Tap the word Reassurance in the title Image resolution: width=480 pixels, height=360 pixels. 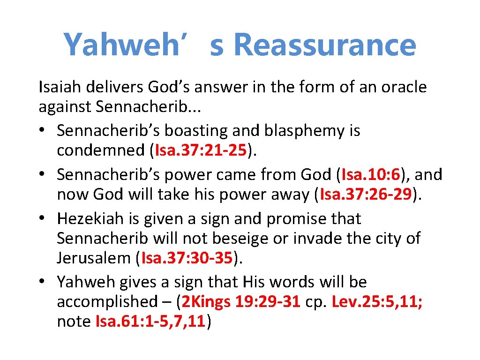coord(324,45)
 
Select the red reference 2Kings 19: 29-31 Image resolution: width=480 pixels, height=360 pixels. coord(240,301)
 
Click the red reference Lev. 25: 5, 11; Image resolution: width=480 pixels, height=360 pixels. coord(377,301)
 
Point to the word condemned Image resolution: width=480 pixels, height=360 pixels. coord(100,151)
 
